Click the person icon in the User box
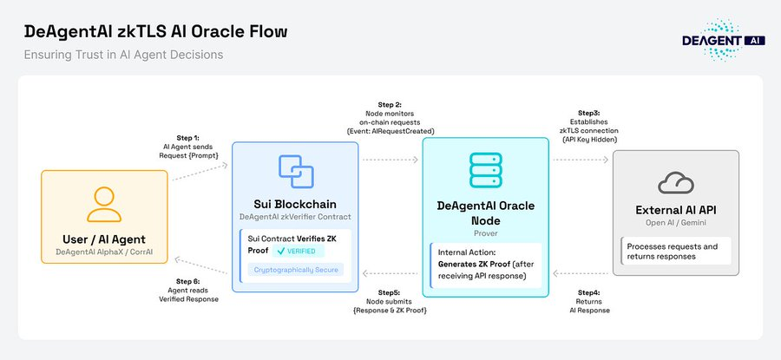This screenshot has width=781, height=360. point(103,205)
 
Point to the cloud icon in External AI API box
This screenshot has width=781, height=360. point(675,183)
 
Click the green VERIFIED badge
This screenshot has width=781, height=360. point(299,251)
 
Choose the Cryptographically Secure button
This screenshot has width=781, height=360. point(293,270)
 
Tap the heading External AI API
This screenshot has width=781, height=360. point(675,211)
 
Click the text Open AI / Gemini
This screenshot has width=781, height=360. point(675,225)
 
